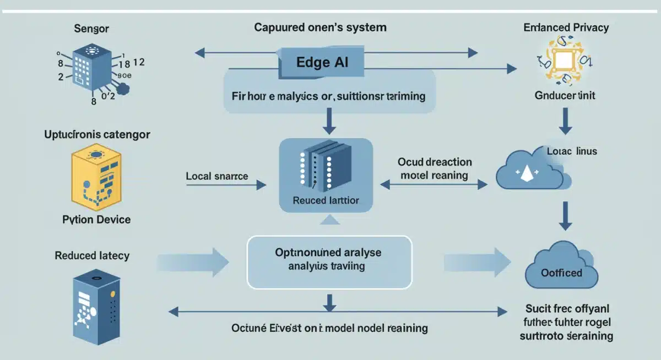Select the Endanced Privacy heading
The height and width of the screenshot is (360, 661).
(566, 28)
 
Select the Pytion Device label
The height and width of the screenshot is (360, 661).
(96, 220)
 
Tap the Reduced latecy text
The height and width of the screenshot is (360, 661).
(92, 255)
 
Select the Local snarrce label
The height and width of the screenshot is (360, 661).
(217, 177)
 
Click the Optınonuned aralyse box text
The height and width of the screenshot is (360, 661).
(328, 260)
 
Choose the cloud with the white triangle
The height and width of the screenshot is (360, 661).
(530, 172)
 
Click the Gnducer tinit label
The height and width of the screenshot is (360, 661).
(565, 95)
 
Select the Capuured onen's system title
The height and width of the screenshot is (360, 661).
(320, 27)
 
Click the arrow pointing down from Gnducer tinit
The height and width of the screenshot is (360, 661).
(565, 121)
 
